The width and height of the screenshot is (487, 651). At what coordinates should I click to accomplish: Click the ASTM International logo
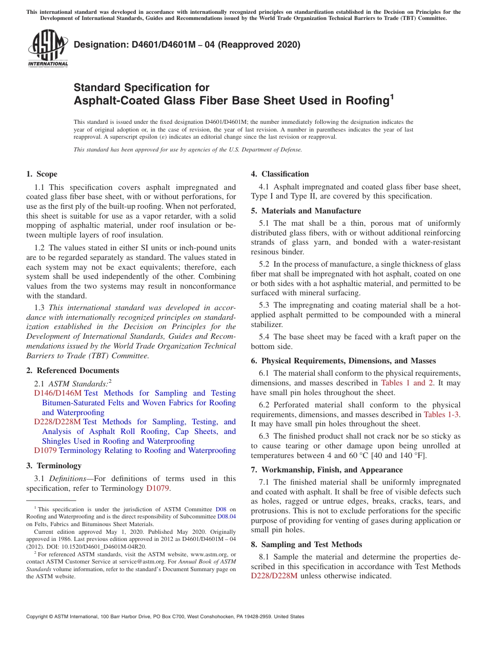48,49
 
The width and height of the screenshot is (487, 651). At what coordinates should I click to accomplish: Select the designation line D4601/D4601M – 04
187,45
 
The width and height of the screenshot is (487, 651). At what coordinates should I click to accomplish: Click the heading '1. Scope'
42,174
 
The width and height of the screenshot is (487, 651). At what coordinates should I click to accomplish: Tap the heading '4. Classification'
280,174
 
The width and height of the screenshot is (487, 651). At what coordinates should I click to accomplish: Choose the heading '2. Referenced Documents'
73,371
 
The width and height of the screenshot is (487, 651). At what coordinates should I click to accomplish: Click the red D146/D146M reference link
57,393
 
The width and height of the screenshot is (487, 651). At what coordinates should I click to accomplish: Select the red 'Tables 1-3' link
441,415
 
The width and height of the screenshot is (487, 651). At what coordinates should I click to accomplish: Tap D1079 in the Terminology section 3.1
157,488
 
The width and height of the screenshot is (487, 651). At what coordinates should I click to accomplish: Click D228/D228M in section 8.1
274,576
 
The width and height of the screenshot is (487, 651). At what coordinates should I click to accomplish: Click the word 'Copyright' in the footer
39,617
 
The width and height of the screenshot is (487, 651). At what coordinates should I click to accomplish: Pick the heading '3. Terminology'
54,466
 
